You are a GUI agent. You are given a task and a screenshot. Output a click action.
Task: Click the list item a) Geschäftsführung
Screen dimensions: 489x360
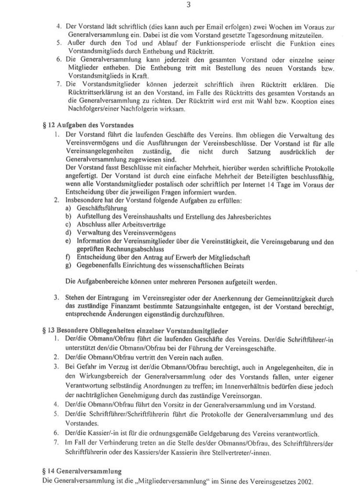coord(96,208)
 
